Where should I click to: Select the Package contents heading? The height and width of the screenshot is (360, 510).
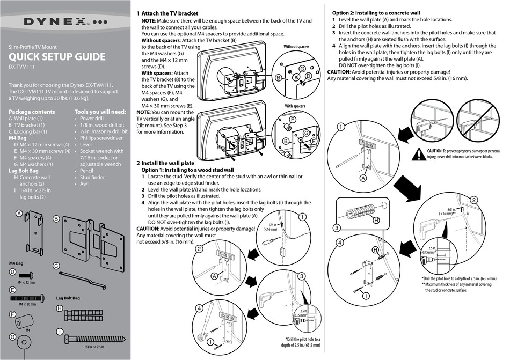(32, 112)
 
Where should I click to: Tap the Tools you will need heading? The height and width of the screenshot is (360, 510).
(100, 112)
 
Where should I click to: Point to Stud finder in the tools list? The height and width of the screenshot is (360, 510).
(92, 177)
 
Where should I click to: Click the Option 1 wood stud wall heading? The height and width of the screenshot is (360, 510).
(187, 170)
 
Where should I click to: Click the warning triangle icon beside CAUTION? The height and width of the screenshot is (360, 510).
(419, 155)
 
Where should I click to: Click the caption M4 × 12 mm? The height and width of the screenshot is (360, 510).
(26, 282)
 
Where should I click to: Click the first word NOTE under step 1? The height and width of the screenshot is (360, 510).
(148, 20)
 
